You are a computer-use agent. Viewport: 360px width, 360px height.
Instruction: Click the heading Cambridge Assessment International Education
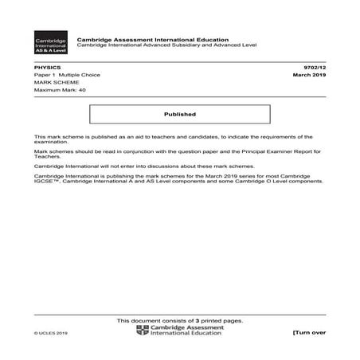coord(151,39)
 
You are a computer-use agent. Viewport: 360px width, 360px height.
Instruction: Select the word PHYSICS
coord(45,69)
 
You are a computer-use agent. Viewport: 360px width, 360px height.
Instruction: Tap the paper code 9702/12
coord(315,69)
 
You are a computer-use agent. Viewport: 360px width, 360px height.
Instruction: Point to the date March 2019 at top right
coord(310,76)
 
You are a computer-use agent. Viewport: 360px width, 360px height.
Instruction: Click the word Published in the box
coord(180,114)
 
